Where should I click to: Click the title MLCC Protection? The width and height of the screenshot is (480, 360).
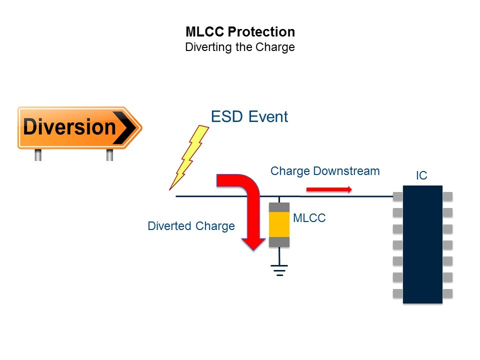240,32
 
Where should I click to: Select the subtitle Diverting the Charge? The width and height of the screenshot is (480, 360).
240,48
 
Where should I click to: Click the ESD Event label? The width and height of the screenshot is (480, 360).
249,117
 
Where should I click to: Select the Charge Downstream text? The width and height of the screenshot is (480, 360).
325,171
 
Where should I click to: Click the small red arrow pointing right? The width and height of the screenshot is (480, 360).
329,189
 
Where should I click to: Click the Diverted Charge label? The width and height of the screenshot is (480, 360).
191,226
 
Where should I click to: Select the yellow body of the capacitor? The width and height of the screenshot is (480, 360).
279,224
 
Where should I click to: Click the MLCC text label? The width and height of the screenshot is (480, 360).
309,218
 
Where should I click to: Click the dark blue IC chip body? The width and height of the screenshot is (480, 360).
422,244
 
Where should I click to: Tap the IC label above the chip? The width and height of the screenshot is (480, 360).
421,175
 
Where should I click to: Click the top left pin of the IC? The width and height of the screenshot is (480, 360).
398,196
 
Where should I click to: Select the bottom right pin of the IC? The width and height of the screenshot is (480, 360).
447,293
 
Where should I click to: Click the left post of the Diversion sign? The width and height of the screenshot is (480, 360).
38,154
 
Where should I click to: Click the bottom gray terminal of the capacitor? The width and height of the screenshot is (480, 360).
279,242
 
